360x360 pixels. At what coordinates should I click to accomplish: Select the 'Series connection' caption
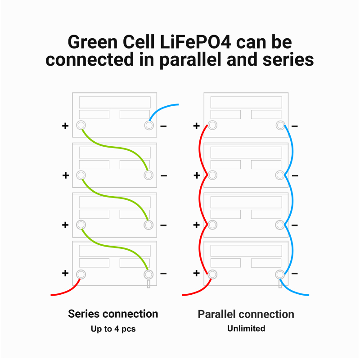pyautogui.click(x=113, y=314)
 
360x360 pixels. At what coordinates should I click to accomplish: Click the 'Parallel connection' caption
pyautogui.click(x=246, y=314)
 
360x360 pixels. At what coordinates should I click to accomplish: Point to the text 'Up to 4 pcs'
pyautogui.click(x=113, y=329)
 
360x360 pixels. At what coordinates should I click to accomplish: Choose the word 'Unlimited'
pyautogui.click(x=246, y=328)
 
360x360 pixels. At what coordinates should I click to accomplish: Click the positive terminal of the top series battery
pyautogui.click(x=81, y=126)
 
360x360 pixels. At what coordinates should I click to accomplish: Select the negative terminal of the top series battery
pyautogui.click(x=148, y=126)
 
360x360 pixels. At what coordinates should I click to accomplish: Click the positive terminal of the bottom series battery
pyautogui.click(x=81, y=274)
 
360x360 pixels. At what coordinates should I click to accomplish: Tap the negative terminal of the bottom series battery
pyautogui.click(x=148, y=274)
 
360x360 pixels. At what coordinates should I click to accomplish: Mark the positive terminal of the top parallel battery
pyautogui.click(x=212, y=126)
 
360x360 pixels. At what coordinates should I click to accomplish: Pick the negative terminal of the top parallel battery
pyautogui.click(x=279, y=126)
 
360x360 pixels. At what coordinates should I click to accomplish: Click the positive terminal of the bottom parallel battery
pyautogui.click(x=212, y=274)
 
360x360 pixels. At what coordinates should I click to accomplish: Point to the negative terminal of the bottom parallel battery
pyautogui.click(x=279, y=274)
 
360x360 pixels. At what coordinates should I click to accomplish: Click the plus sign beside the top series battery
pyautogui.click(x=66, y=126)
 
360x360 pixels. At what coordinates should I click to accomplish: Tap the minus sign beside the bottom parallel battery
pyautogui.click(x=295, y=274)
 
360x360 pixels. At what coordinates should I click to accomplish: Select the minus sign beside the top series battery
pyautogui.click(x=163, y=126)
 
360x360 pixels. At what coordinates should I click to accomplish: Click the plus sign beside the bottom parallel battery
pyautogui.click(x=197, y=274)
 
